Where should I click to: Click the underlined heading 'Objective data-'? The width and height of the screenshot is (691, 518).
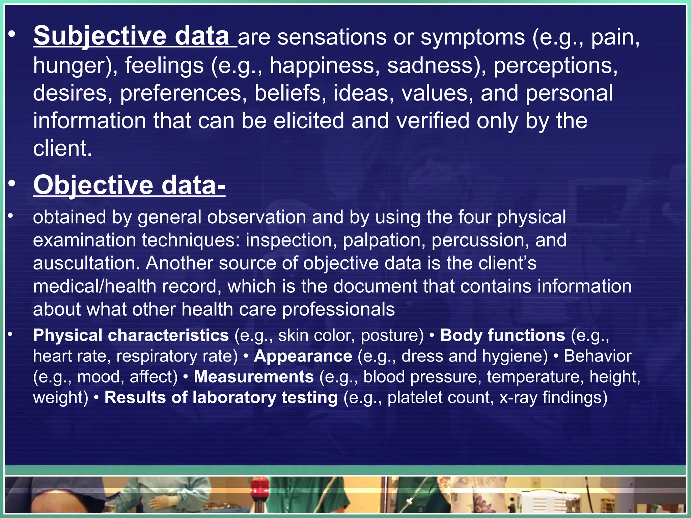point(129,185)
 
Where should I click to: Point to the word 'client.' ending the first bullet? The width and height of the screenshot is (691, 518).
point(62,148)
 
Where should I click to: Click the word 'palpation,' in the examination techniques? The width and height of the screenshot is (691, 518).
point(384,240)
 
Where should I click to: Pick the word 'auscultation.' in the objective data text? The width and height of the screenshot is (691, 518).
point(86,263)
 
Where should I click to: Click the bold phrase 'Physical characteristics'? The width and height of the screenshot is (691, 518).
point(131,336)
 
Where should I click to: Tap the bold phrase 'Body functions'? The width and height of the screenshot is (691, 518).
point(502,336)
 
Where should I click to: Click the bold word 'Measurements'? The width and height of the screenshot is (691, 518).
point(254,377)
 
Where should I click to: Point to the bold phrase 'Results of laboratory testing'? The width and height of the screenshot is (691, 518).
point(221,398)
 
